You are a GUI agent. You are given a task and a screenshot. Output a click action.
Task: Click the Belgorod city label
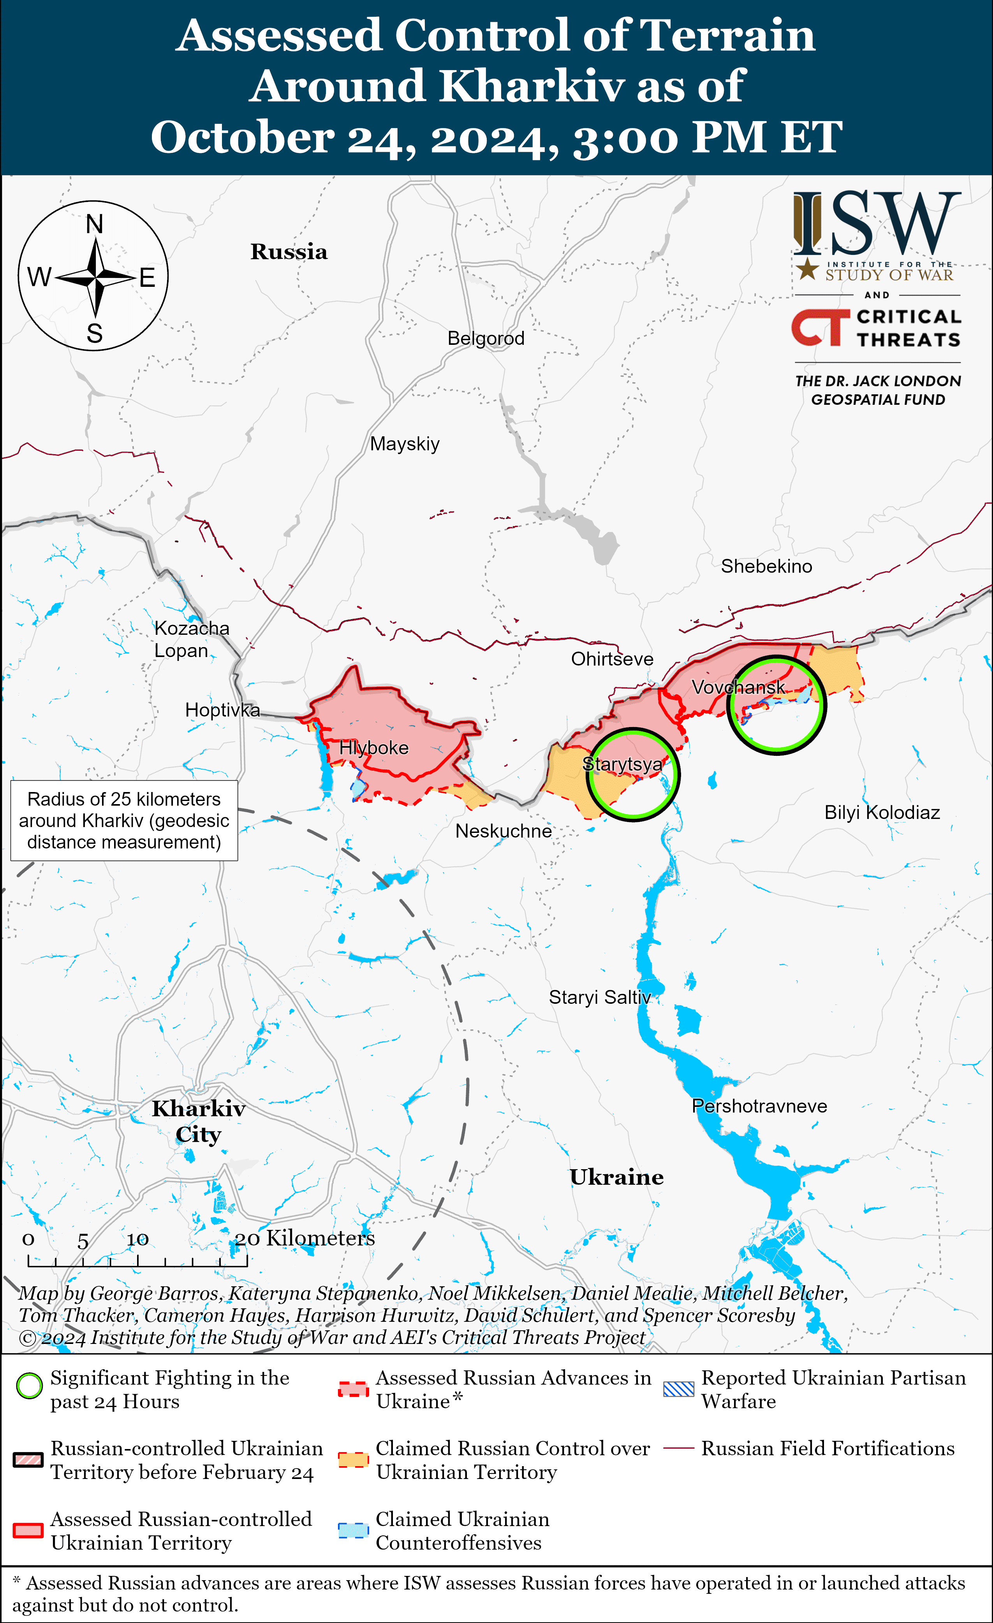point(486,339)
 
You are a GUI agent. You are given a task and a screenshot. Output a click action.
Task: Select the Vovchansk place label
point(738,688)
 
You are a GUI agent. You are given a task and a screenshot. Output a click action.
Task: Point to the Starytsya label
point(622,764)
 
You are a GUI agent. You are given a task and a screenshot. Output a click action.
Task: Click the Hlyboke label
point(373,748)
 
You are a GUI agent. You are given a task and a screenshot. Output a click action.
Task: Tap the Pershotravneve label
point(759,1106)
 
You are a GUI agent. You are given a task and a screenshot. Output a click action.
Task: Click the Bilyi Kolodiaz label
point(882,813)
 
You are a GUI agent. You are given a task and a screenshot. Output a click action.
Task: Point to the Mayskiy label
point(405,444)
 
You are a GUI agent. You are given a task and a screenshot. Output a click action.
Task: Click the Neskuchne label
point(504,831)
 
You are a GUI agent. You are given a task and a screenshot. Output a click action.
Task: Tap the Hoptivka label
point(222,710)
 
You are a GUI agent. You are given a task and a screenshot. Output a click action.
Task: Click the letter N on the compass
point(95,225)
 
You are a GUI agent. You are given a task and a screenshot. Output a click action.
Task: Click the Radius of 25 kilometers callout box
point(124,821)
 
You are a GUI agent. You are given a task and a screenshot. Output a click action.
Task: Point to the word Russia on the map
point(289,251)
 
